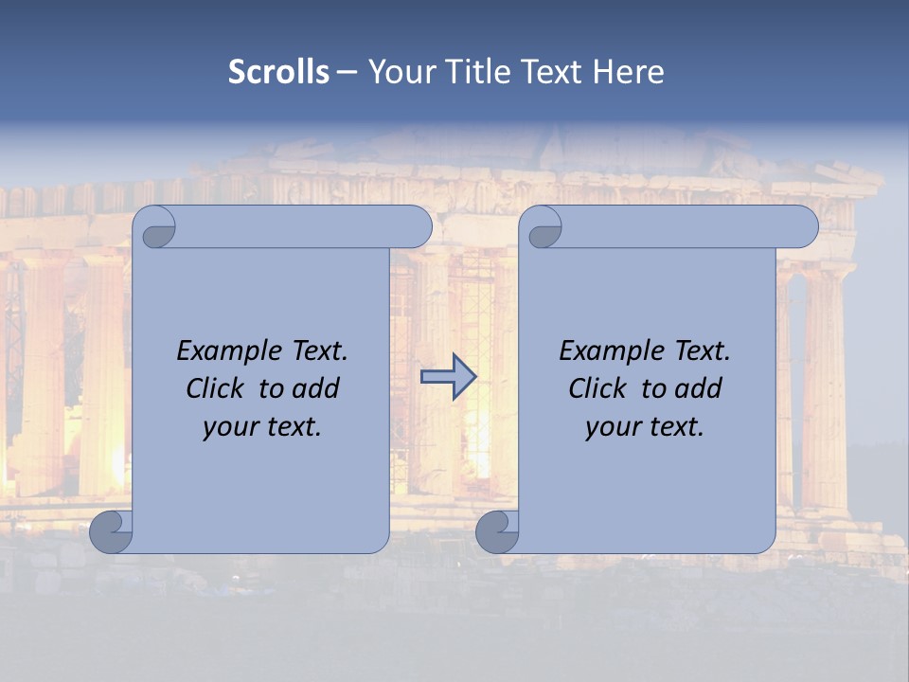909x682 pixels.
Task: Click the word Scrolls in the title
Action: tap(279, 72)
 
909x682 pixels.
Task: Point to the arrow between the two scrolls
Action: tap(448, 377)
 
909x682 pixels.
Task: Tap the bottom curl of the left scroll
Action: tap(112, 532)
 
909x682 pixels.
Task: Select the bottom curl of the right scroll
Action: tap(497, 532)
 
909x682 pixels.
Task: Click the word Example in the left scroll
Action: tap(224, 351)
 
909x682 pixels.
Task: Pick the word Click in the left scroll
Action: tap(217, 388)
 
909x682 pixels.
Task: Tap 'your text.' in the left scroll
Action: tap(262, 427)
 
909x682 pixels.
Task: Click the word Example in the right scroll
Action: tap(607, 351)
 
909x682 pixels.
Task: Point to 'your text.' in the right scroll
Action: tap(645, 427)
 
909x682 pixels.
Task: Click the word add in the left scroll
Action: tap(315, 388)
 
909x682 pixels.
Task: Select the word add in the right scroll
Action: tap(698, 388)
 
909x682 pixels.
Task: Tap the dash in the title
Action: tap(348, 72)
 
